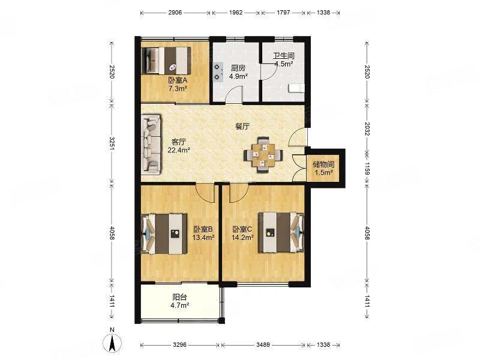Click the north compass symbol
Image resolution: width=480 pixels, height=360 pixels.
pos(112,340)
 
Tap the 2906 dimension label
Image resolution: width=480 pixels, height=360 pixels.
pos(175,13)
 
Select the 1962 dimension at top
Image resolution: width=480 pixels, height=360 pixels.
pos(236,13)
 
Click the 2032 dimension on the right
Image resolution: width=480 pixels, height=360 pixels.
pos(367,129)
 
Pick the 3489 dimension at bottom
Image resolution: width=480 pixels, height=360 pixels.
pos(263,344)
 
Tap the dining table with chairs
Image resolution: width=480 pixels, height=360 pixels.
pos(263,155)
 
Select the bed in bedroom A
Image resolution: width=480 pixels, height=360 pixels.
pos(166,61)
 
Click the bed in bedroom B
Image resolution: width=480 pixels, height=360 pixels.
pos(164,233)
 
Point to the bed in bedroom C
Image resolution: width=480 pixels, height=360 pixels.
pos(281,232)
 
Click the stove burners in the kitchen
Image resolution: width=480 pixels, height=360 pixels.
pos(218,72)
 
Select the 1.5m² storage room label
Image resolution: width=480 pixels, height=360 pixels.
pos(324,172)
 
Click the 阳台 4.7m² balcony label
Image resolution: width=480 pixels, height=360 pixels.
pos(179,301)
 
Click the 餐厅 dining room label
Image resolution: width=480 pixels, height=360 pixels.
pos(242,127)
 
